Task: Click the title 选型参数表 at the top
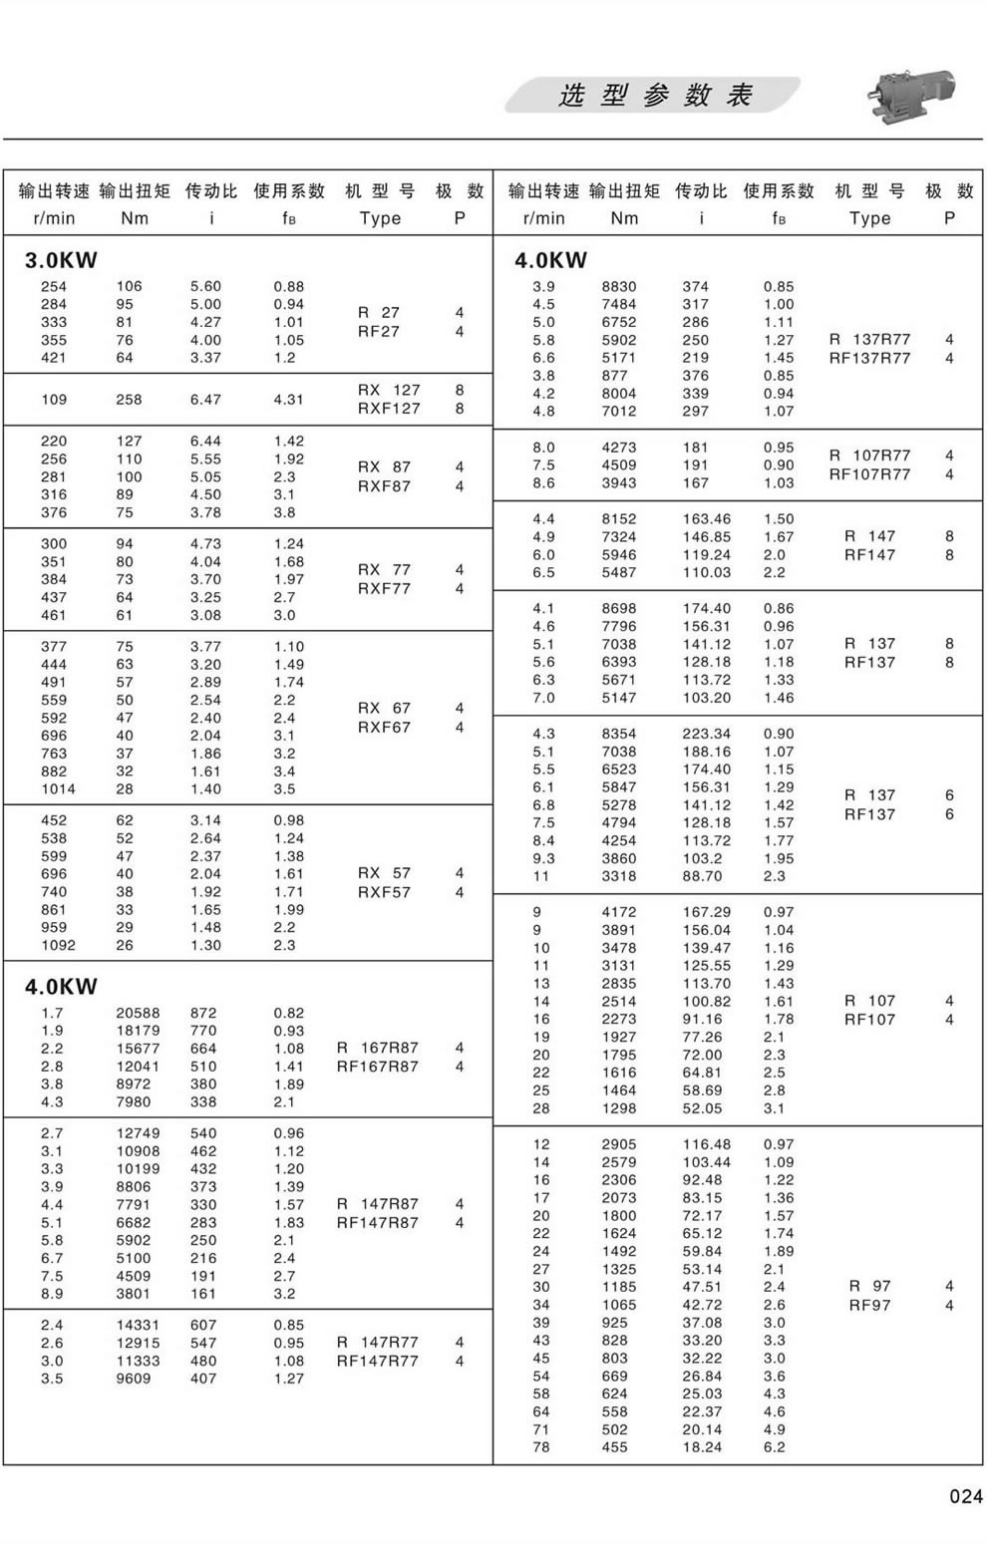(x=654, y=96)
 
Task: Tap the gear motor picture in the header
(x=908, y=97)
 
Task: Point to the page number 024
(x=965, y=1496)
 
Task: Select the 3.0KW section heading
(x=62, y=260)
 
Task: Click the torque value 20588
(x=138, y=1013)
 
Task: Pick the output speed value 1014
(x=58, y=789)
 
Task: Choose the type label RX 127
(x=389, y=390)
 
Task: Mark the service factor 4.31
(x=289, y=400)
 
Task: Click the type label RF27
(x=379, y=332)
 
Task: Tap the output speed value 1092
(x=58, y=945)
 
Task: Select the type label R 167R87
(x=378, y=1048)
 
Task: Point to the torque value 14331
(x=138, y=1325)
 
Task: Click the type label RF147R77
(x=378, y=1361)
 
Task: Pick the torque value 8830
(x=618, y=286)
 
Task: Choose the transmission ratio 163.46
(x=706, y=518)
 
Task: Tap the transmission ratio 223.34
(x=706, y=734)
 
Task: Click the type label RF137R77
(x=869, y=358)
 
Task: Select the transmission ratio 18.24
(x=702, y=1447)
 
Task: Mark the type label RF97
(x=869, y=1305)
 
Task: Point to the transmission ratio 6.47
(x=206, y=400)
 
